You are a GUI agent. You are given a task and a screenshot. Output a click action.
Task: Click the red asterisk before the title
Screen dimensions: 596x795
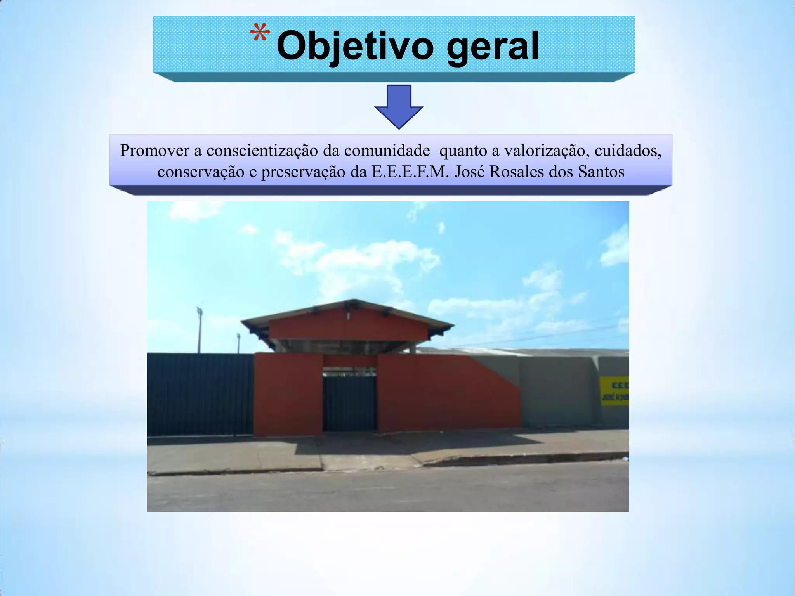click(260, 34)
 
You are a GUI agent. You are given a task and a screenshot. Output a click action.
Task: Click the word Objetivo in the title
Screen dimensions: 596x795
click(355, 47)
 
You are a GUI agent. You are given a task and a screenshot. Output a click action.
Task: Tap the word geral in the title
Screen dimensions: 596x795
click(493, 47)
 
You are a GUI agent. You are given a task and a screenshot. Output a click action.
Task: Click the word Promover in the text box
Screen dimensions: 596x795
click(155, 151)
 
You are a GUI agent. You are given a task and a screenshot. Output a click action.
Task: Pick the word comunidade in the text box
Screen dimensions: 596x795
click(387, 151)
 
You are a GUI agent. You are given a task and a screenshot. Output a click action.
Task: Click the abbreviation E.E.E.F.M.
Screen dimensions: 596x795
click(410, 172)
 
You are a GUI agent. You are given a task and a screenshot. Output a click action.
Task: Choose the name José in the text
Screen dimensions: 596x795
click(470, 172)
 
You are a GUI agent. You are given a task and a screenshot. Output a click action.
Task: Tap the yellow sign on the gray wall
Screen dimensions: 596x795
click(614, 391)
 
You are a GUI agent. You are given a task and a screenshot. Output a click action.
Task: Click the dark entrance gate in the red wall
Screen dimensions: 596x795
click(349, 404)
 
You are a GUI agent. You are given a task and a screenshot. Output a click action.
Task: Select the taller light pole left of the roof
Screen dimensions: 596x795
click(200, 330)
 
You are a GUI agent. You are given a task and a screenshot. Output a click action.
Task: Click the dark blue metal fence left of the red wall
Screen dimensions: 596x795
click(200, 394)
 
